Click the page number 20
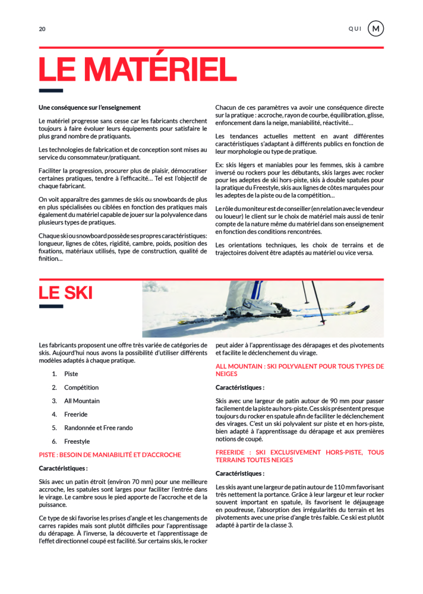[x=42, y=29]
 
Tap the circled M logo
[x=375, y=29]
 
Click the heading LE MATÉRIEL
[x=137, y=69]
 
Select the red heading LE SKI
[x=65, y=293]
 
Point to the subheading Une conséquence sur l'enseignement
[x=90, y=108]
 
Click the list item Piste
[x=71, y=374]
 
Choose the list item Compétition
[x=81, y=387]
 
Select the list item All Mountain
[x=82, y=401]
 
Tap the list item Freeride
[x=76, y=415]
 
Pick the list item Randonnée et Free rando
[x=99, y=428]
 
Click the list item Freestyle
[x=77, y=441]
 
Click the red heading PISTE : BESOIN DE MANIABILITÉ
[x=110, y=455]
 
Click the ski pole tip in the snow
[x=324, y=324]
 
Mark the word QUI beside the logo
[x=355, y=29]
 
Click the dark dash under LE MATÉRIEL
[x=50, y=91]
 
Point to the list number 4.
[x=54, y=415]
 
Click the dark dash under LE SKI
[x=50, y=307]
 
